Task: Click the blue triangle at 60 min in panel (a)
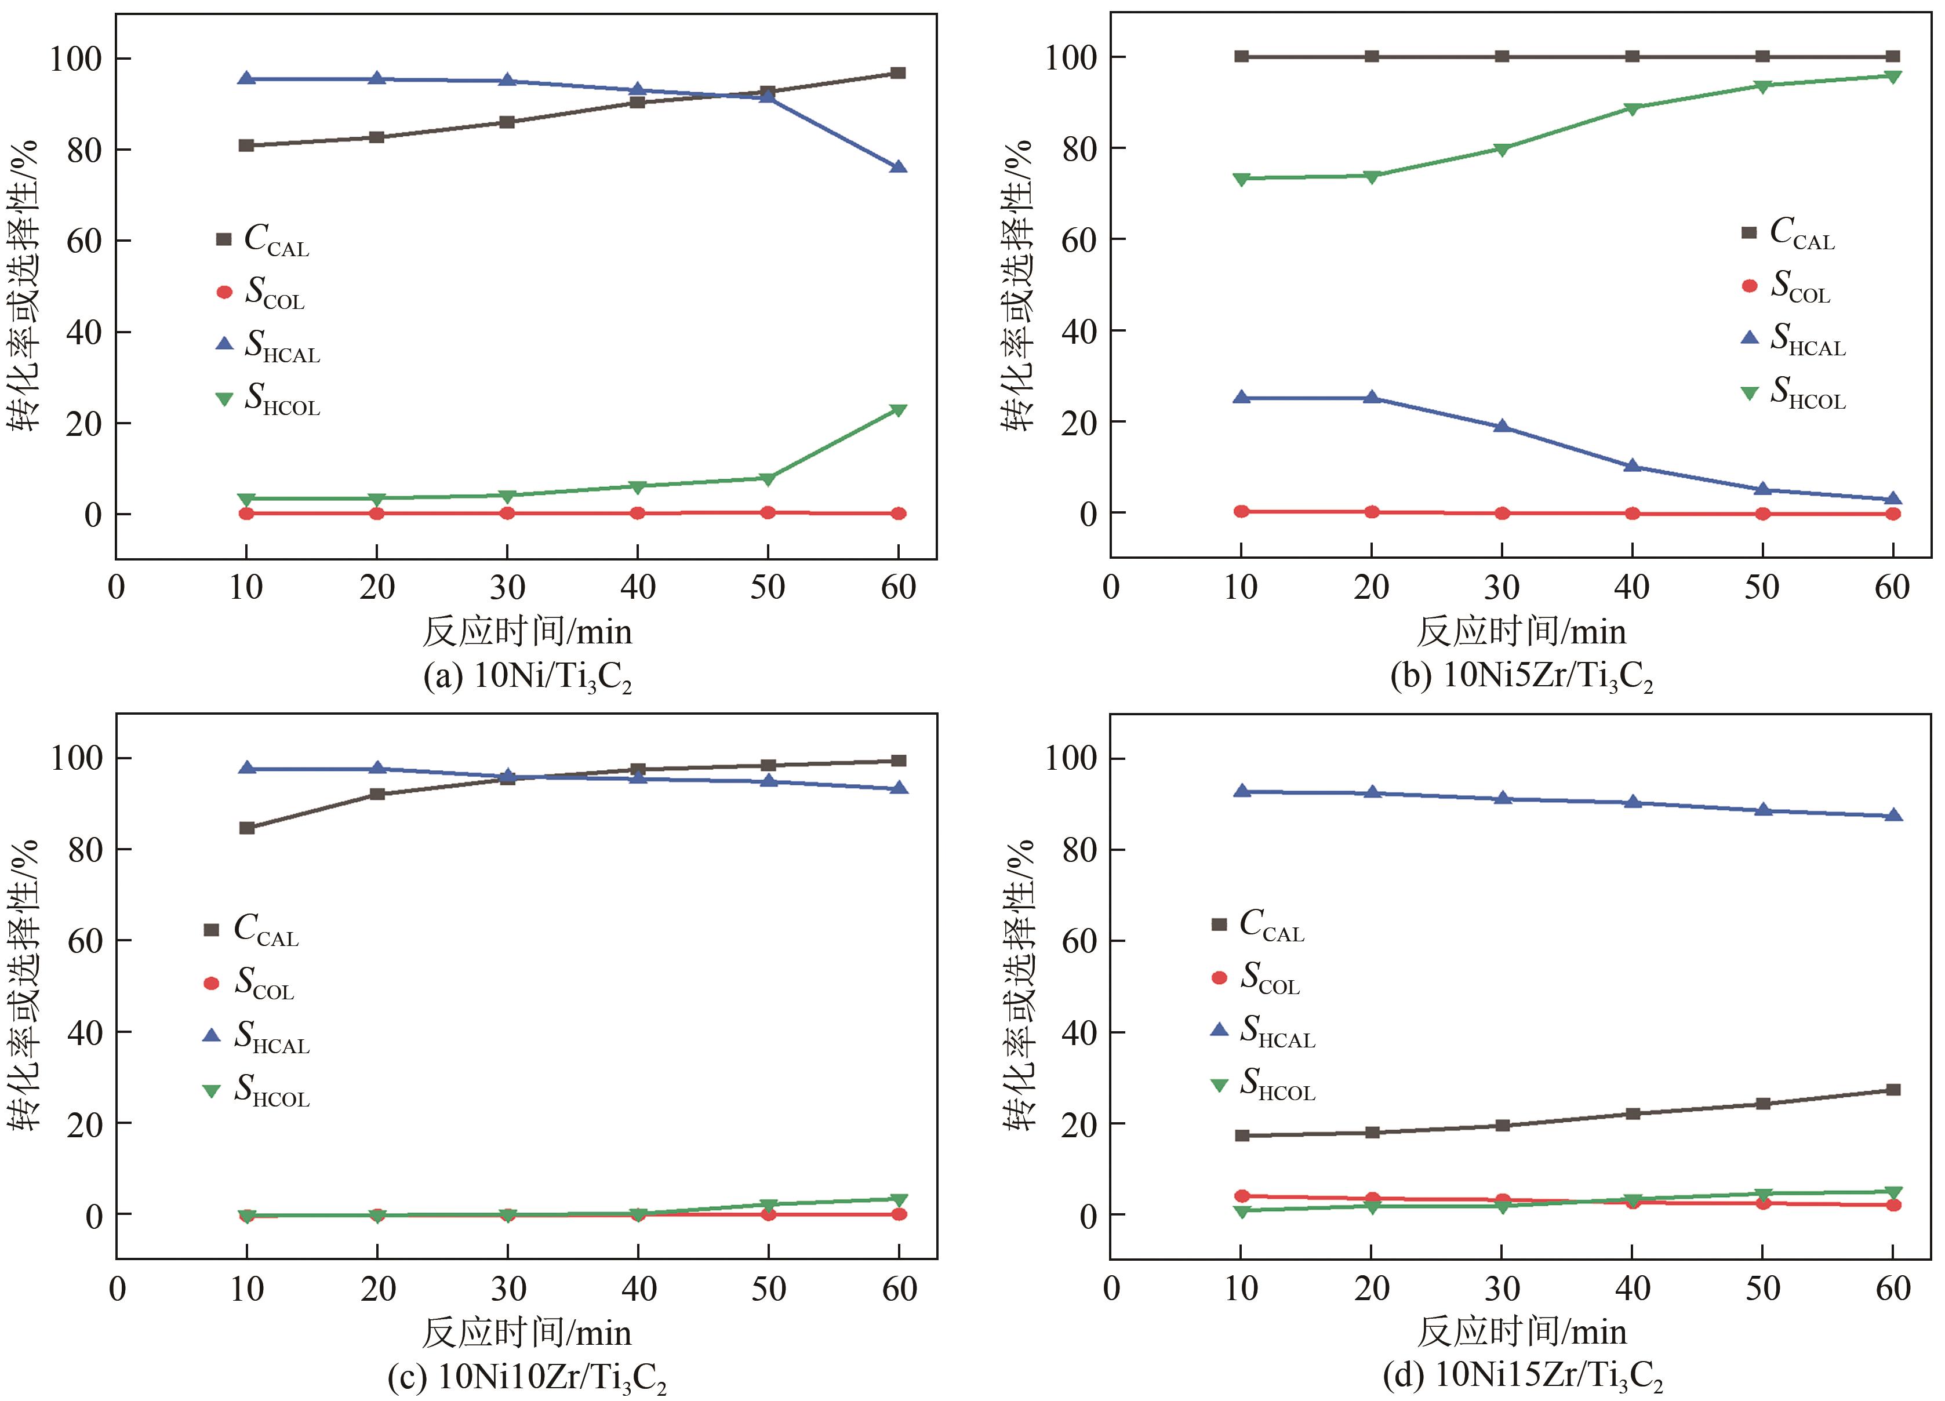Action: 898,167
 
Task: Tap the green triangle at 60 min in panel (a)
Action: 898,410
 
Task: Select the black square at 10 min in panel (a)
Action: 246,145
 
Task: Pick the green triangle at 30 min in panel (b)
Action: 1502,149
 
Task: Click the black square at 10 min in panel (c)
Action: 247,827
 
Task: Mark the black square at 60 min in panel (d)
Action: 1893,1090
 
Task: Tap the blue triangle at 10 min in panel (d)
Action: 1241,791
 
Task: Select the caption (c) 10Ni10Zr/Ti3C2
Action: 526,1378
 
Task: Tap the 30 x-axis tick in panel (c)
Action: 508,1289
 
